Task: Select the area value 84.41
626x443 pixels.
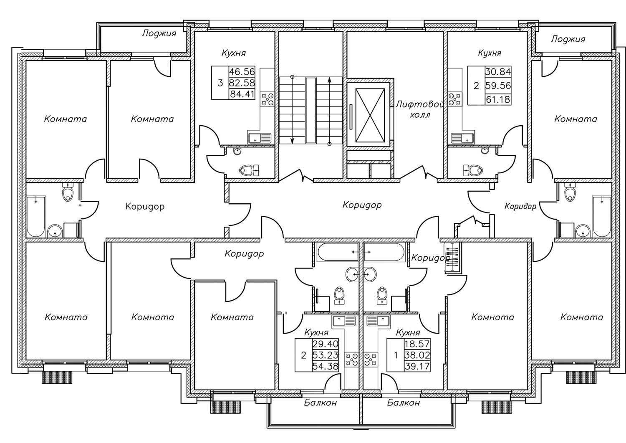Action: pyautogui.click(x=242, y=94)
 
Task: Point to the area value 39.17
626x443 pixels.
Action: pyautogui.click(x=417, y=367)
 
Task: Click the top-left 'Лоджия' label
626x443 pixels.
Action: pyautogui.click(x=159, y=33)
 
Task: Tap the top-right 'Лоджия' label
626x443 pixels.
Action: pyautogui.click(x=568, y=39)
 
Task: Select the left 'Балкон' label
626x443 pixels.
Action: pyautogui.click(x=320, y=403)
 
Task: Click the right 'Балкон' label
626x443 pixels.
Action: pyautogui.click(x=403, y=403)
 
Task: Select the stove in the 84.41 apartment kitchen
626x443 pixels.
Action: pyautogui.click(x=268, y=99)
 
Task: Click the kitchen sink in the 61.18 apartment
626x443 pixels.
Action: pyautogui.click(x=462, y=138)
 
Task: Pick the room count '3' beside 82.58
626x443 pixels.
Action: pyautogui.click(x=220, y=83)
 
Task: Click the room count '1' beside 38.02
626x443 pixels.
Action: pyautogui.click(x=396, y=356)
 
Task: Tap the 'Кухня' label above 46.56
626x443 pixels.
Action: pyautogui.click(x=233, y=53)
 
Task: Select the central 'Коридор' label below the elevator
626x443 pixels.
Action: pyautogui.click(x=362, y=205)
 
